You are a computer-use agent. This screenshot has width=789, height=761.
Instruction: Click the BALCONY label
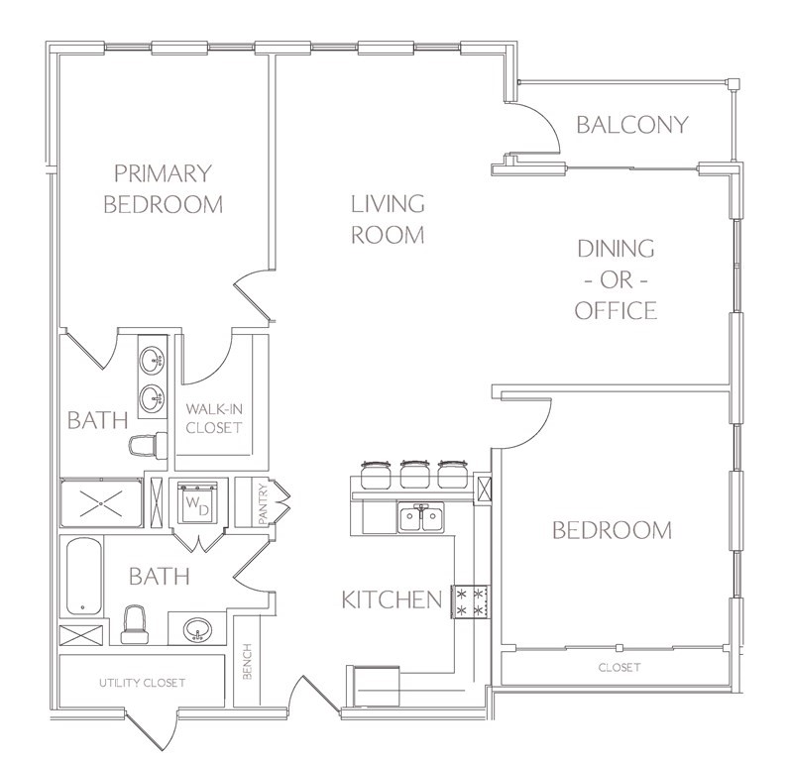pyautogui.click(x=632, y=125)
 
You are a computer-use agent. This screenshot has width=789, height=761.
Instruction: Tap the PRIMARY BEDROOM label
pyautogui.click(x=163, y=188)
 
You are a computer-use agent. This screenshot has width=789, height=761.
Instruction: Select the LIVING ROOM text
pyautogui.click(x=388, y=219)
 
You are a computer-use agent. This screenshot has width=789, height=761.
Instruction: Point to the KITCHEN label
pyautogui.click(x=392, y=599)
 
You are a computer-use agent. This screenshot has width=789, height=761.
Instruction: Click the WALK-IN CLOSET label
pyautogui.click(x=214, y=418)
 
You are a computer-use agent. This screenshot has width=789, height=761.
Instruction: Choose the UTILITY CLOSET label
pyautogui.click(x=143, y=683)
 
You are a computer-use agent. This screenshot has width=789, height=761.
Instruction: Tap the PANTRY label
pyautogui.click(x=262, y=503)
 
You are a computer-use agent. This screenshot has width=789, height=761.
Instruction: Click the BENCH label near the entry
pyautogui.click(x=247, y=661)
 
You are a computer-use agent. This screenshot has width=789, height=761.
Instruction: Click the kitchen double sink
pyautogui.click(x=421, y=517)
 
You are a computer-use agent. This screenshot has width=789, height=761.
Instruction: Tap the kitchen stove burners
pyautogui.click(x=470, y=601)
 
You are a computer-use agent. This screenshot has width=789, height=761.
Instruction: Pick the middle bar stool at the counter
pyautogui.click(x=413, y=474)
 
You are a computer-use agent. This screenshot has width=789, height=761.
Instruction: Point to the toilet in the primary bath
pyautogui.click(x=148, y=445)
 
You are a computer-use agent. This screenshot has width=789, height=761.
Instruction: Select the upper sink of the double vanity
pyautogui.click(x=152, y=360)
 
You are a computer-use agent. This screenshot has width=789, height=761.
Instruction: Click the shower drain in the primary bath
pyautogui.click(x=101, y=503)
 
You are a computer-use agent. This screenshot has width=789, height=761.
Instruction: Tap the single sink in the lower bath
pyautogui.click(x=198, y=630)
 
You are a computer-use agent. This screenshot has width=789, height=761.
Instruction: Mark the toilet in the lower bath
pyautogui.click(x=135, y=624)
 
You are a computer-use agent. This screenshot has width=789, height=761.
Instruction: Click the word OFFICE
pyautogui.click(x=616, y=310)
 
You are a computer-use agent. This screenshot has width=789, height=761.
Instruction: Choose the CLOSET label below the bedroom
pyautogui.click(x=620, y=668)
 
